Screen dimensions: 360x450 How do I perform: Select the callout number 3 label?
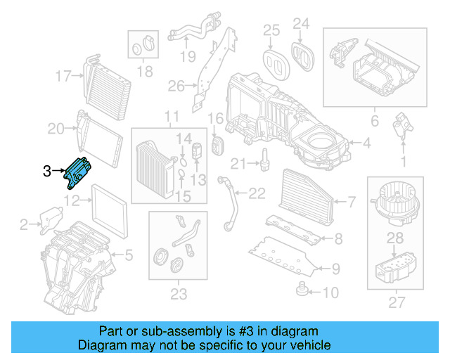[x=46, y=170]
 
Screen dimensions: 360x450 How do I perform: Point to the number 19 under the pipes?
[x=186, y=57]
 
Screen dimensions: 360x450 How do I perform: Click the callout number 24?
[x=300, y=25]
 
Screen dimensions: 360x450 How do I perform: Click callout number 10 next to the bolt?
[x=330, y=291]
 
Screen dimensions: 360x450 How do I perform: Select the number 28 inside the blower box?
[x=396, y=240]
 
